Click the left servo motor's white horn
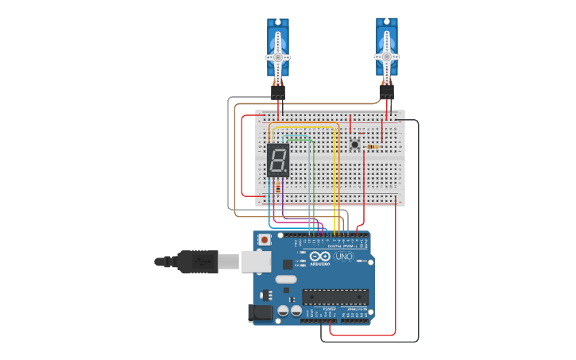[277, 57]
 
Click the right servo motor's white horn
[386, 56]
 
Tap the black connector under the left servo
[278, 92]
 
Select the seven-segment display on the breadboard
[278, 161]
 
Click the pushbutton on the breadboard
[355, 144]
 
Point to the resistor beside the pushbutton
[373, 147]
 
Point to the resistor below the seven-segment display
[277, 188]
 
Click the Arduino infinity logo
[320, 257]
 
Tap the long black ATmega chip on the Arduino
[334, 297]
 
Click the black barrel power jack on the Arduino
[260, 314]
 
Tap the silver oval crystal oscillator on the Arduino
[285, 279]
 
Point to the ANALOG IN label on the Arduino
[355, 308]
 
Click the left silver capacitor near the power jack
[284, 312]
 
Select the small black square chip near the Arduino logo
[287, 264]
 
